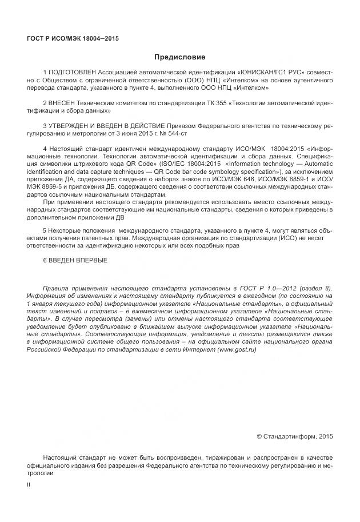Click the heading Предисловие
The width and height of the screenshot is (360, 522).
click(179, 57)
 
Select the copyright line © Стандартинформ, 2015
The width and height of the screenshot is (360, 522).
click(294, 436)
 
